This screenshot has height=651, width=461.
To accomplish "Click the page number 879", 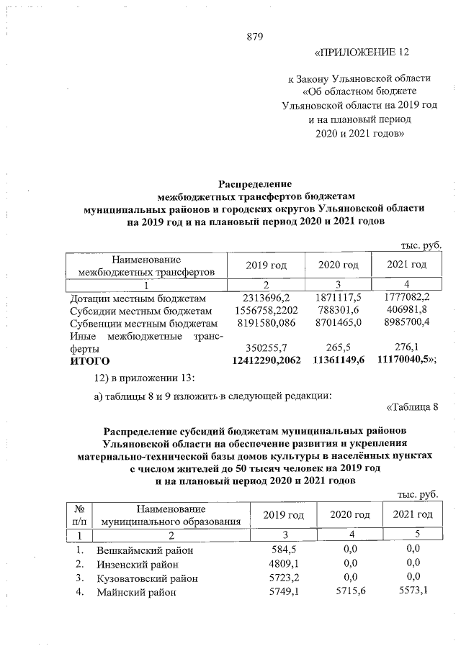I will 257,37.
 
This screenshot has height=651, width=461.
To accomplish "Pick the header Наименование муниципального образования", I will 170,514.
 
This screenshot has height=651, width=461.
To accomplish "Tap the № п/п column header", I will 80,514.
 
